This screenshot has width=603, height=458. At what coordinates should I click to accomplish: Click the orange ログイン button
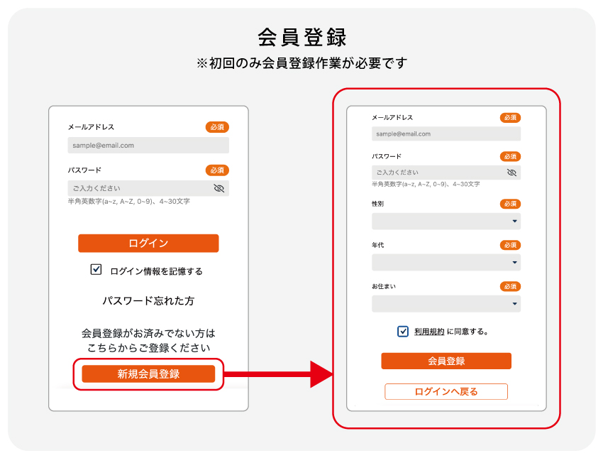[x=148, y=244]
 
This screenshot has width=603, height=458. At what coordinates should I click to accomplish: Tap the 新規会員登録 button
[x=148, y=374]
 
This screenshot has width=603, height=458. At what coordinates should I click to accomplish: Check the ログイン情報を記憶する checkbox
[x=96, y=269]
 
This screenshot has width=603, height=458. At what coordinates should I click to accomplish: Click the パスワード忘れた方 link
[x=148, y=300]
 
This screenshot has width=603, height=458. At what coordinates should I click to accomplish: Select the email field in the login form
[x=148, y=145]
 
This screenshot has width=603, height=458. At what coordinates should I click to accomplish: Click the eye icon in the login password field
[x=218, y=188]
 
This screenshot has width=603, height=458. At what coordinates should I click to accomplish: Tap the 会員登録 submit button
[x=446, y=361]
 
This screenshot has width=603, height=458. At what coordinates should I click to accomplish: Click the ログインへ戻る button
[x=446, y=391]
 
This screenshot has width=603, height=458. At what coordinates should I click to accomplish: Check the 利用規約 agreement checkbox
[x=403, y=332]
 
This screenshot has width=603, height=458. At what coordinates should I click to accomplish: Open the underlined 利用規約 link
[x=429, y=332]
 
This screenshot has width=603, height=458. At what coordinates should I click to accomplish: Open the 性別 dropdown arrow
[x=514, y=222]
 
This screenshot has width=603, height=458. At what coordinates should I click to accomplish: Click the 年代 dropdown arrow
[x=514, y=263]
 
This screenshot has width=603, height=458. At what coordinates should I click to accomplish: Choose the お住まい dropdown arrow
[x=514, y=304]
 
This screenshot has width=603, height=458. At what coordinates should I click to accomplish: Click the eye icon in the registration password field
[x=511, y=173]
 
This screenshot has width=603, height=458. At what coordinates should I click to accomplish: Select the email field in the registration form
[x=446, y=133]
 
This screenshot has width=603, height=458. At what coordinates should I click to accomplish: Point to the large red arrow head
[x=321, y=374]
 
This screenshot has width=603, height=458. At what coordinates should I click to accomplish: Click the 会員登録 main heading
[x=302, y=38]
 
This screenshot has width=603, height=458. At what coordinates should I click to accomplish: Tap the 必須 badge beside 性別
[x=510, y=204]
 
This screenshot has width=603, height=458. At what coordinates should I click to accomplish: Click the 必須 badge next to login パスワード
[x=217, y=170]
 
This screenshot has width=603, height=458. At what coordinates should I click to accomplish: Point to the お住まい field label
[x=383, y=286]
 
